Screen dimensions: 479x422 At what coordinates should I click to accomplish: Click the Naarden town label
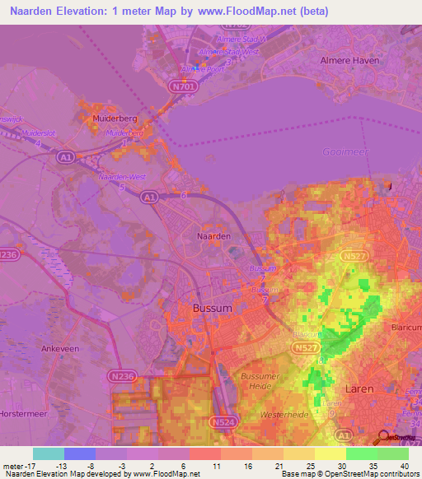[213, 236]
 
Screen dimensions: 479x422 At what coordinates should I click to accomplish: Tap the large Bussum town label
[214, 308]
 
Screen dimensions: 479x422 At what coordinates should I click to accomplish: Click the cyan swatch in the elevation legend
[48, 453]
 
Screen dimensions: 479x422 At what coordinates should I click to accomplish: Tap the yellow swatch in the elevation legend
[330, 453]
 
